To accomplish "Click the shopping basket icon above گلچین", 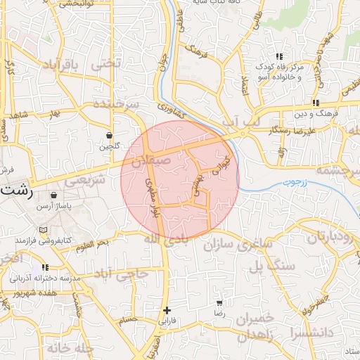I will tap(110, 135).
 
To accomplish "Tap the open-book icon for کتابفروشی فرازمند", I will tap(45, 230).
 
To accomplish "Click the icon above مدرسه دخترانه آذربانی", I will tap(46, 268).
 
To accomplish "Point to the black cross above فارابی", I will tap(167, 310).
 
